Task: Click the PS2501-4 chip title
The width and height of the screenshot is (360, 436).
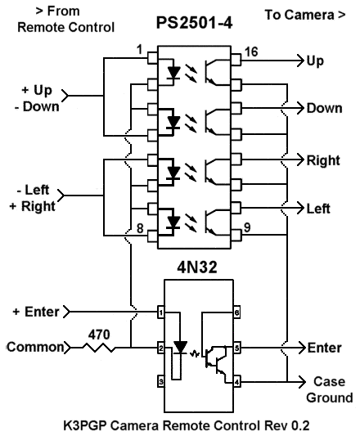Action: coord(194,23)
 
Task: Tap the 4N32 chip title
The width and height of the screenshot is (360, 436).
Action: coord(197,267)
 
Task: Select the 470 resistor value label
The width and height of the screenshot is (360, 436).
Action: coord(99,335)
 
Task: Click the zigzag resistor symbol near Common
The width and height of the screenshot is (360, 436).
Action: coord(99,348)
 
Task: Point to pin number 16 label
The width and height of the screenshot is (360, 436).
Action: coord(251,52)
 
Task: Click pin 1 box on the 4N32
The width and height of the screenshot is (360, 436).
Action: coord(161,312)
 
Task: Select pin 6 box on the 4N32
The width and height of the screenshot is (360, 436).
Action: coord(236,312)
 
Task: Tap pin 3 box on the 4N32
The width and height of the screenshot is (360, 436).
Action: coord(161,381)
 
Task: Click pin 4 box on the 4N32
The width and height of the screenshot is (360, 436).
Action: coord(236,382)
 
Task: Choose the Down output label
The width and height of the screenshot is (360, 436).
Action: coord(324,108)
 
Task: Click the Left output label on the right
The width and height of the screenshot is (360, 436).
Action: coord(318,209)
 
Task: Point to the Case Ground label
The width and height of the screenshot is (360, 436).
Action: coord(330,389)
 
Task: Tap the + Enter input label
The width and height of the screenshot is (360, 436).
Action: coord(36,312)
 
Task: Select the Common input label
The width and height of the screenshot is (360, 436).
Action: coord(35,347)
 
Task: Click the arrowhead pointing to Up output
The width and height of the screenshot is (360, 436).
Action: coord(299,61)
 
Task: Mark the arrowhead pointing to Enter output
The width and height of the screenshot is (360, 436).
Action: coord(302,348)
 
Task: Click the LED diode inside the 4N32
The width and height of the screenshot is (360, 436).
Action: coord(180,348)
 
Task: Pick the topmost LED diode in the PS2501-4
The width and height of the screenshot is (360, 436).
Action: coord(173,73)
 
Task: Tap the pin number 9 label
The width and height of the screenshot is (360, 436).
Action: coord(247,227)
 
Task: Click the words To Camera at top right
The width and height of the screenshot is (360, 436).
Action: coord(299,15)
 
